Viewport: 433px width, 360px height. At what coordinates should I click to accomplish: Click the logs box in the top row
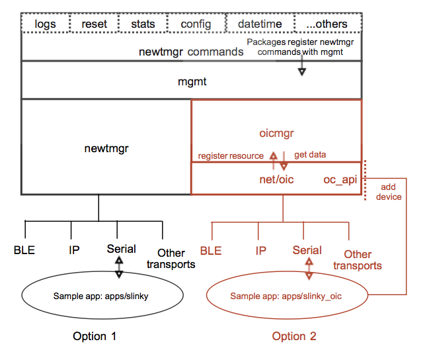pyautogui.click(x=45, y=24)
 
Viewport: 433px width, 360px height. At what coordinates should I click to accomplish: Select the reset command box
pyautogui.click(x=94, y=24)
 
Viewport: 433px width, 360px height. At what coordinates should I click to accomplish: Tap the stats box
pyautogui.click(x=142, y=24)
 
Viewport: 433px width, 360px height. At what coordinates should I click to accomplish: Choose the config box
pyautogui.click(x=196, y=24)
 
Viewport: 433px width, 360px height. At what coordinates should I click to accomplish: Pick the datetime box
pyautogui.click(x=260, y=24)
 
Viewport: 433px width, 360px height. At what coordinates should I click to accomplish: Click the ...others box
pyautogui.click(x=327, y=24)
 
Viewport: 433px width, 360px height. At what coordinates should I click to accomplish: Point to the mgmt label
pyautogui.click(x=192, y=83)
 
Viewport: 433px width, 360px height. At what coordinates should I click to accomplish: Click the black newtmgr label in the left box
pyautogui.click(x=106, y=149)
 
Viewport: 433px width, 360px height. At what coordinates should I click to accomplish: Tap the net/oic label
pyautogui.click(x=276, y=179)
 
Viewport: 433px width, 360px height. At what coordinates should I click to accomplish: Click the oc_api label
pyautogui.click(x=339, y=179)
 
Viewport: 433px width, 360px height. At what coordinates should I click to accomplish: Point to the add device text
pyautogui.click(x=388, y=192)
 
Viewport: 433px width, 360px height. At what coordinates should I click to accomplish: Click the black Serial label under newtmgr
pyautogui.click(x=121, y=249)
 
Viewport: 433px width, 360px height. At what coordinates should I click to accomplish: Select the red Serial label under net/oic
pyautogui.click(x=307, y=250)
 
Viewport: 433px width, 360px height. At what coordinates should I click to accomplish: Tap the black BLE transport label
pyautogui.click(x=24, y=250)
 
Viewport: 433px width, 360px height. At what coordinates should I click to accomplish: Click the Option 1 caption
pyautogui.click(x=95, y=336)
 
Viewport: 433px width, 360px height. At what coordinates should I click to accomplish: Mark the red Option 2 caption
pyautogui.click(x=294, y=336)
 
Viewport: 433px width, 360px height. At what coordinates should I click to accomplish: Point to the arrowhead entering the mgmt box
pyautogui.click(x=301, y=71)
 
